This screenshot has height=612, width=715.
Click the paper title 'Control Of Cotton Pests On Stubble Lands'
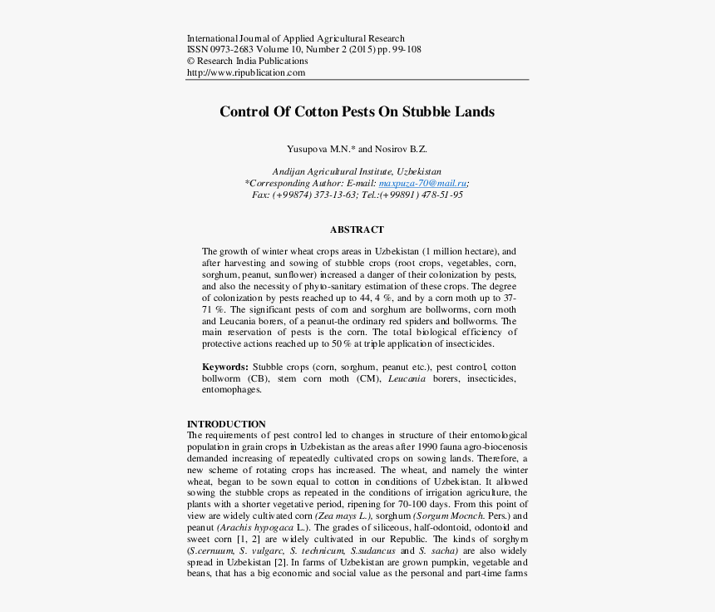pyautogui.click(x=357, y=112)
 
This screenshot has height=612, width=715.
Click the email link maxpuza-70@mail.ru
pyautogui.click(x=423, y=183)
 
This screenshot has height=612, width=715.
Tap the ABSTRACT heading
pyautogui.click(x=357, y=230)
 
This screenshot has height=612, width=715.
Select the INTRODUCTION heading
pyautogui.click(x=226, y=424)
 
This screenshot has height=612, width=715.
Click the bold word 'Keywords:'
pyautogui.click(x=224, y=367)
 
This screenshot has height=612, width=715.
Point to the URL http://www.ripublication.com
pyautogui.click(x=246, y=72)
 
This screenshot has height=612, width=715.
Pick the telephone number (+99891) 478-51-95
pyautogui.click(x=422, y=195)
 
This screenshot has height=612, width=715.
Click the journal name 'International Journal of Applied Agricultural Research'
pyautogui.click(x=296, y=38)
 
